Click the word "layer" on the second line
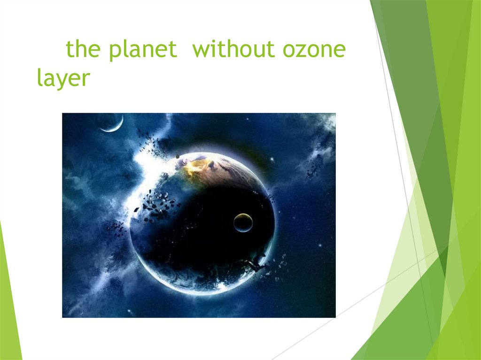click(63, 78)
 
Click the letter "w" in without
click(201, 50)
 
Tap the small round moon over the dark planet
click(243, 222)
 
